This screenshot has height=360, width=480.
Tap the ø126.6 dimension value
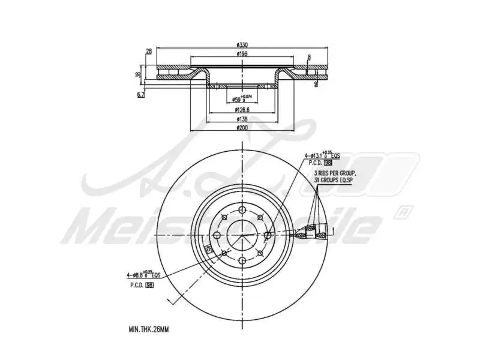pyautogui.click(x=242, y=110)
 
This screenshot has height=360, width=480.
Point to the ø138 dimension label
pyautogui.click(x=242, y=119)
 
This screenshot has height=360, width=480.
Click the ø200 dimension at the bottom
pyautogui.click(x=242, y=128)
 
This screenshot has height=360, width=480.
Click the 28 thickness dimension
pyautogui.click(x=149, y=51)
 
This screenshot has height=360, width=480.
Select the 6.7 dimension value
pyautogui.click(x=141, y=94)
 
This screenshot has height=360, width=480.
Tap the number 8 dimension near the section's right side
pyautogui.click(x=309, y=58)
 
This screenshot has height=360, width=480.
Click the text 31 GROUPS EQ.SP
pyautogui.click(x=335, y=179)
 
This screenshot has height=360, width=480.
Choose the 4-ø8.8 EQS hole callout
pyautogui.click(x=144, y=274)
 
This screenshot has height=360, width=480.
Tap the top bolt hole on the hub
pyautogui.click(x=242, y=209)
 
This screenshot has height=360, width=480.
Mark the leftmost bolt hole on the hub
pyautogui.click(x=216, y=235)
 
